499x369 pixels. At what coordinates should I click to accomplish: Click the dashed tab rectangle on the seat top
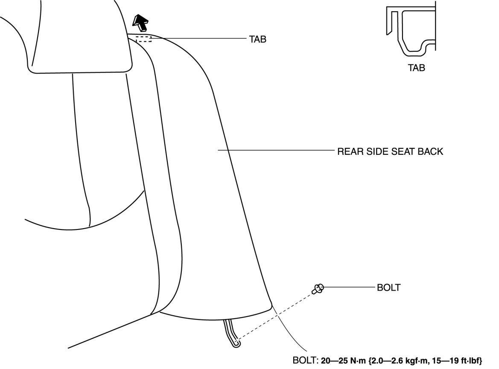point(144,39)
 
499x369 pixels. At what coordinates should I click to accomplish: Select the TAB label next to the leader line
point(258,39)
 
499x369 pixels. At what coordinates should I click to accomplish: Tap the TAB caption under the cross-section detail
point(416,67)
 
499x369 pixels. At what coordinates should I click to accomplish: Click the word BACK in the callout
point(430,151)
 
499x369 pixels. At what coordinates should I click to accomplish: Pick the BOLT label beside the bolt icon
point(388,288)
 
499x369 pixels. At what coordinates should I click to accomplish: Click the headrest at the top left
point(79,36)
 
